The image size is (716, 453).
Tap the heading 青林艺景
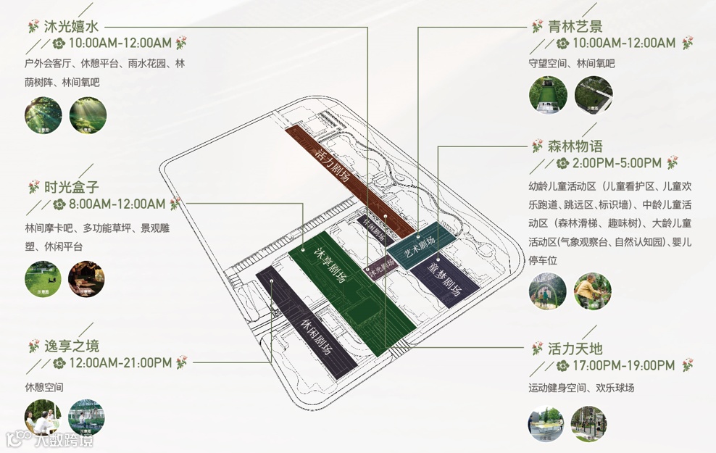[x=575, y=26]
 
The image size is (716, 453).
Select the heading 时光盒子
[x=71, y=187]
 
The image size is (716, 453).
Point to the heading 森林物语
[x=575, y=146]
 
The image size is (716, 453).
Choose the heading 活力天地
[x=575, y=348]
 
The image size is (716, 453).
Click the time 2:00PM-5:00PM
[x=617, y=162]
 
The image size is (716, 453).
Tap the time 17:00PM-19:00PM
[x=623, y=365]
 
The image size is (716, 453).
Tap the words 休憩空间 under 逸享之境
[x=43, y=387]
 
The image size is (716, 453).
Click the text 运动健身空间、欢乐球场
[x=581, y=388]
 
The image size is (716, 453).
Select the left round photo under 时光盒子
[x=43, y=279]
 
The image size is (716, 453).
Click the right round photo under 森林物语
[x=592, y=291]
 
